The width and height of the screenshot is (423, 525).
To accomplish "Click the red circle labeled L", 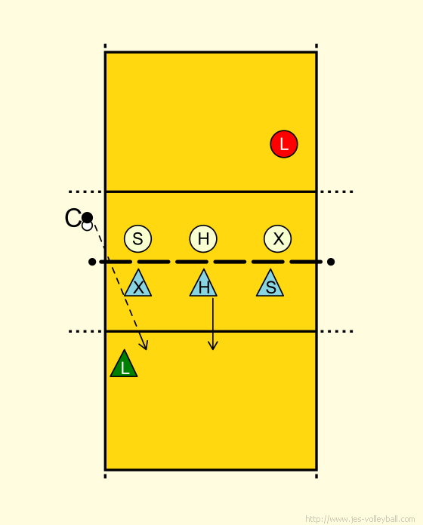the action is pyautogui.click(x=284, y=144).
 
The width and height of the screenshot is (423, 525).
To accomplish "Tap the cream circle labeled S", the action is pyautogui.click(x=137, y=238).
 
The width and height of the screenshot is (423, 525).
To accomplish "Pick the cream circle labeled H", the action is pyautogui.click(x=203, y=238).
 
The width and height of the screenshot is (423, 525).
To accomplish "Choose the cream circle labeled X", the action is pyautogui.click(x=277, y=238).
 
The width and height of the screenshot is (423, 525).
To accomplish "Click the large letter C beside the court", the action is pyautogui.click(x=73, y=218).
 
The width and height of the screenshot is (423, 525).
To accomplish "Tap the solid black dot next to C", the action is pyautogui.click(x=87, y=218).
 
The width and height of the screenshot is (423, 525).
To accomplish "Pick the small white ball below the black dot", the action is pyautogui.click(x=87, y=226).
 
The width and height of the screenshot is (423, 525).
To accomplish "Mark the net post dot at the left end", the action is pyautogui.click(x=92, y=262).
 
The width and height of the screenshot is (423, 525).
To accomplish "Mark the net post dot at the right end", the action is pyautogui.click(x=331, y=262).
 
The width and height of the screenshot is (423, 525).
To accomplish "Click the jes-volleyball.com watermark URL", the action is pyautogui.click(x=360, y=519).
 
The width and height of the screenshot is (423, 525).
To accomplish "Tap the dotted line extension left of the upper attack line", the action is pyautogui.click(x=85, y=192).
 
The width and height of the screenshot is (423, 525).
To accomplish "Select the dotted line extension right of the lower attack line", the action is pyautogui.click(x=337, y=331).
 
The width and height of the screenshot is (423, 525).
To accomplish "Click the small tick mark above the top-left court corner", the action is pyautogui.click(x=105, y=46).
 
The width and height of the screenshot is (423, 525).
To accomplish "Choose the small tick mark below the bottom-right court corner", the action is pyautogui.click(x=316, y=476).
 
